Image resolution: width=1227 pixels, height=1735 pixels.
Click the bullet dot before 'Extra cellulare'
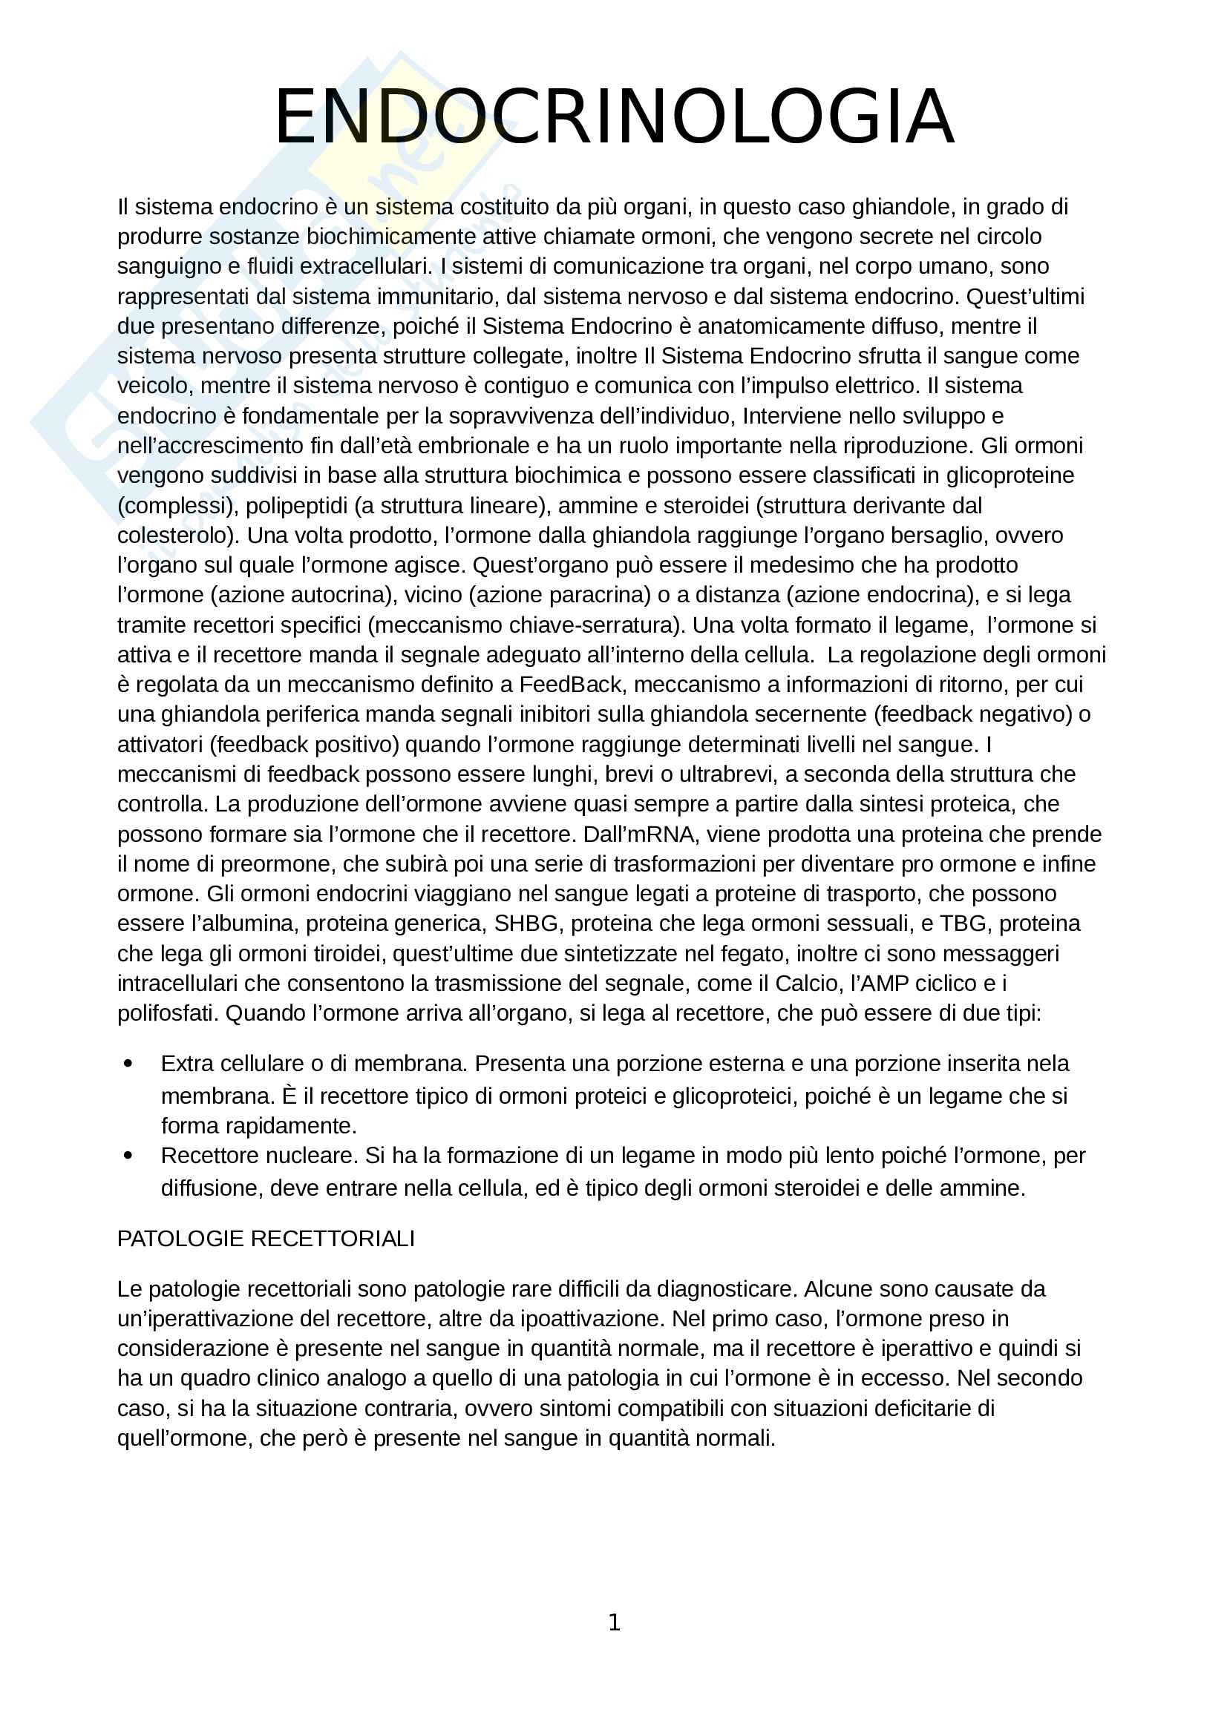(128, 1064)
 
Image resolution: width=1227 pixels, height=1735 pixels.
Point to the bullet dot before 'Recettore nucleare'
(128, 1156)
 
